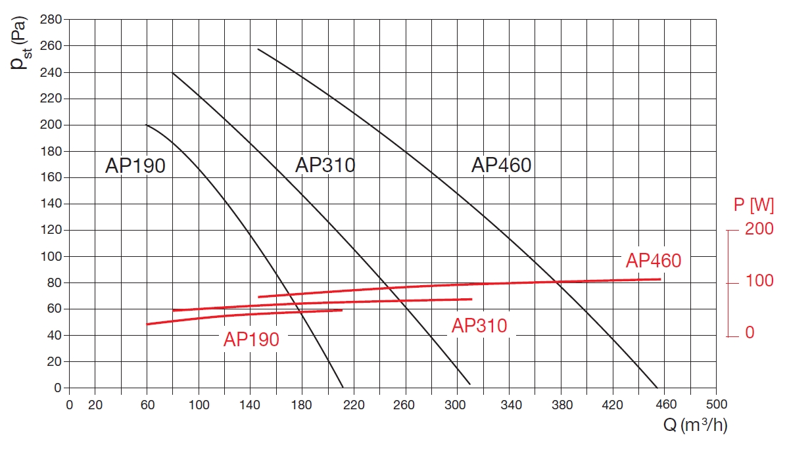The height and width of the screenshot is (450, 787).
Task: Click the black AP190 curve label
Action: tap(135, 166)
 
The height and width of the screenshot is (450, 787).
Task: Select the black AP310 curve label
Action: tap(325, 165)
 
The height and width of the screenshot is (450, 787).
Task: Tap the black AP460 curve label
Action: tap(501, 166)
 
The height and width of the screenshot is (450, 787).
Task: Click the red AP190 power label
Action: tap(251, 340)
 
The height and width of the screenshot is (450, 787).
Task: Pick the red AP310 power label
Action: tap(479, 326)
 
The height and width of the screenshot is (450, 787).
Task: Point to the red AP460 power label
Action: tap(654, 261)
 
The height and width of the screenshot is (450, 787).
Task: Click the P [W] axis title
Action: tap(753, 206)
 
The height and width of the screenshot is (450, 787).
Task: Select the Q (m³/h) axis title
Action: tap(695, 426)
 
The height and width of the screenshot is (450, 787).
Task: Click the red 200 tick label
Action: tap(759, 229)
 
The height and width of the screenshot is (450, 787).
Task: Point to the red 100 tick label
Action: tap(759, 282)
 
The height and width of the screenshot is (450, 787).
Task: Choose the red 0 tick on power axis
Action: tap(750, 334)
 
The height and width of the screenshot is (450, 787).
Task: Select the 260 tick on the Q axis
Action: tap(405, 405)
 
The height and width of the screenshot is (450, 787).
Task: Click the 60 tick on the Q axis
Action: tap(147, 405)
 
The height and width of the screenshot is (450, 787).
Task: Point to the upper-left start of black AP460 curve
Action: tap(258, 49)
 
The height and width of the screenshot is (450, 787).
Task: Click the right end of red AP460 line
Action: tap(660, 279)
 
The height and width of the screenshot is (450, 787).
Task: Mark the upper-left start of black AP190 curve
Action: tap(147, 125)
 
